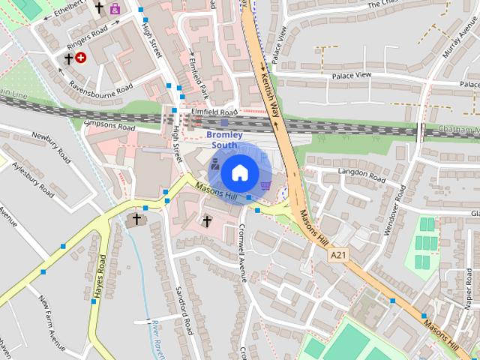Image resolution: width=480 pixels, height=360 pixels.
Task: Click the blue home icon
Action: [238, 172]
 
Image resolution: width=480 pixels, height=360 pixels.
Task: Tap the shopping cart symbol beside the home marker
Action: [265, 184]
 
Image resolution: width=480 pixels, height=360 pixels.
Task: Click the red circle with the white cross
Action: [80, 57]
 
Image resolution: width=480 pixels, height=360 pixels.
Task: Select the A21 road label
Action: [339, 255]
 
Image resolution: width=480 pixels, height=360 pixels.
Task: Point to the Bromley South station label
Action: [224, 139]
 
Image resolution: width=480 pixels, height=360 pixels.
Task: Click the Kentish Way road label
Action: [269, 94]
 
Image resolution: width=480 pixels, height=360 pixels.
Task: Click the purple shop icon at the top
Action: [115, 9]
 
